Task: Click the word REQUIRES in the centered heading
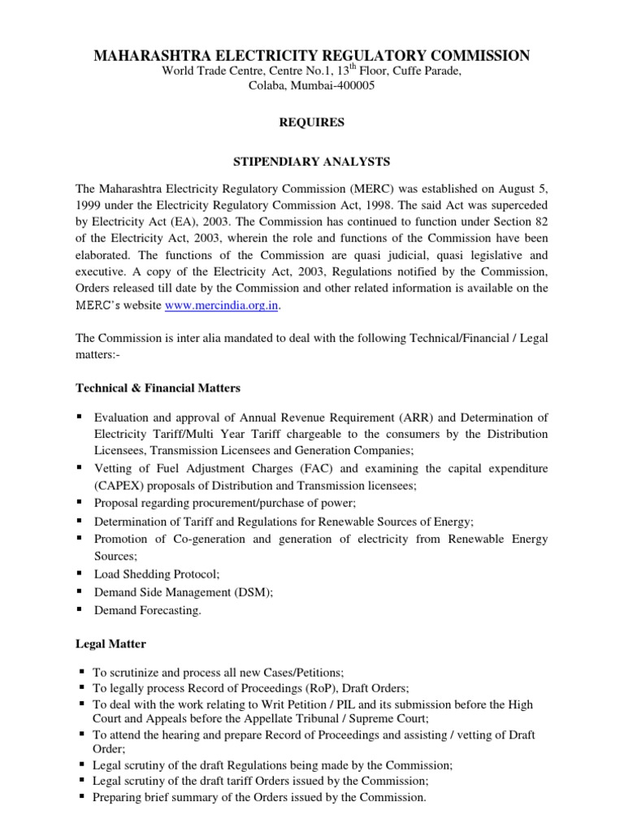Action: [x=312, y=123]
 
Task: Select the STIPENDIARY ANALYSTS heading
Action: [x=312, y=162]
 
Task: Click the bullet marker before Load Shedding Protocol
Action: [x=80, y=573]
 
